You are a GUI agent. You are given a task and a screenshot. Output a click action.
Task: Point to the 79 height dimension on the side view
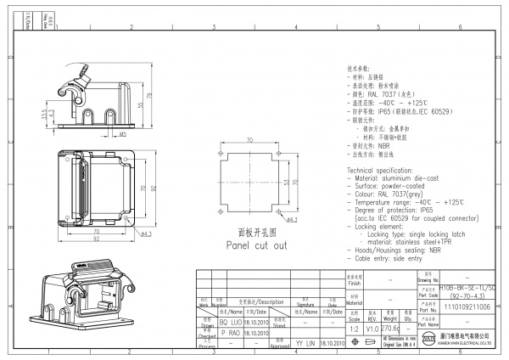tap(150, 96)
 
